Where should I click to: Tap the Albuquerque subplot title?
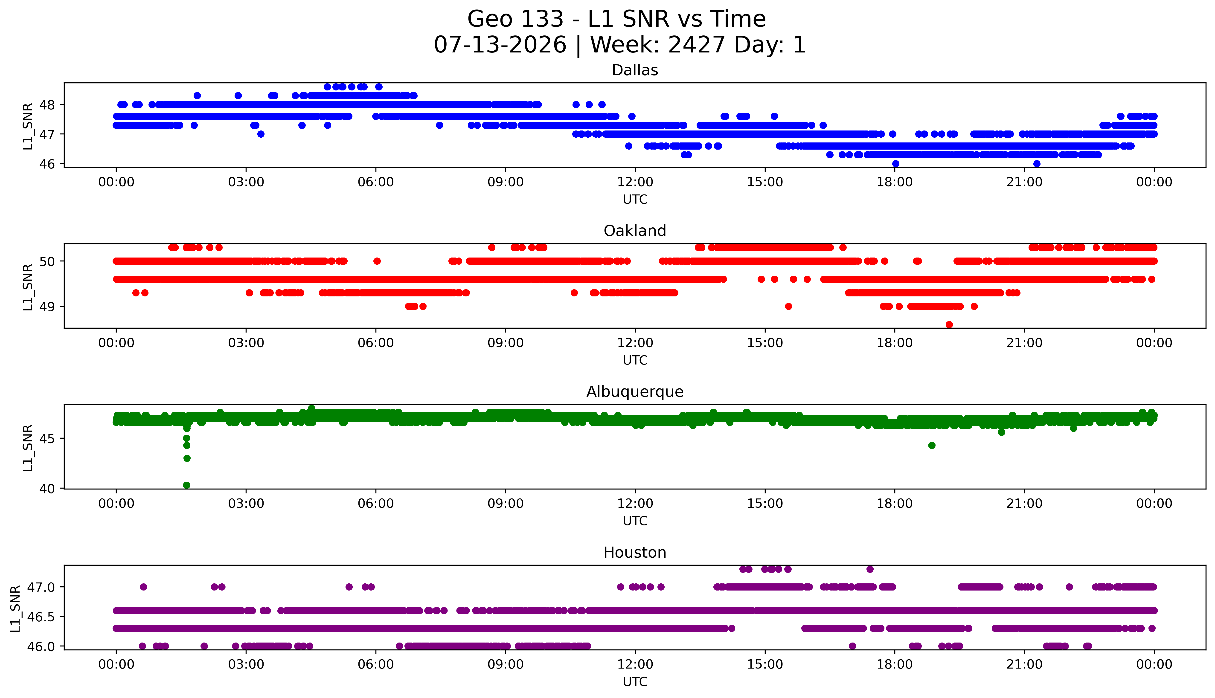(x=635, y=392)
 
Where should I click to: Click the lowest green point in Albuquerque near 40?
(x=187, y=485)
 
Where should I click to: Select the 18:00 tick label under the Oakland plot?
(x=895, y=343)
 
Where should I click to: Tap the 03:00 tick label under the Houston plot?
(x=246, y=664)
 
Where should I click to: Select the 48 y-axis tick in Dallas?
(x=47, y=104)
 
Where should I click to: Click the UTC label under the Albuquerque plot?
(x=635, y=521)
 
